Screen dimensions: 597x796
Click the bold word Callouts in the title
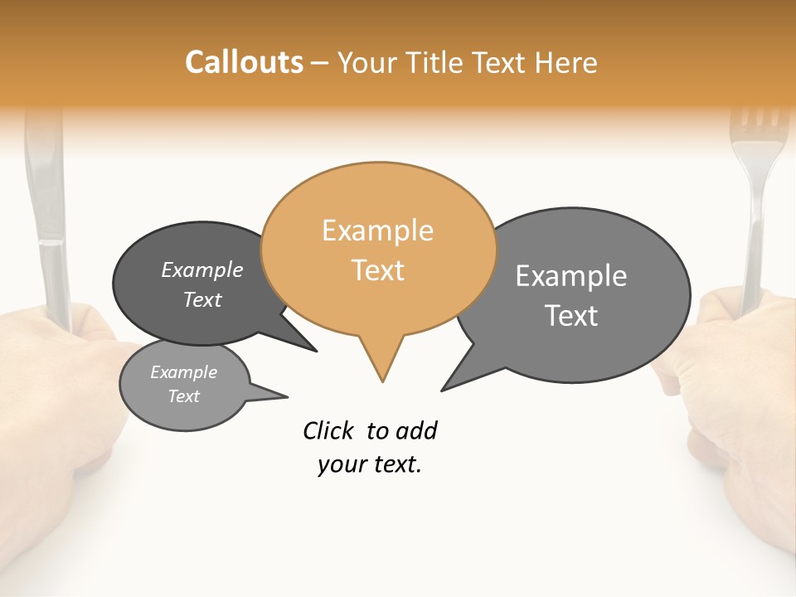[x=244, y=62]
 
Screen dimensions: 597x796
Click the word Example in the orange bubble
[x=377, y=231]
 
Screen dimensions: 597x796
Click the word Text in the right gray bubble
[x=571, y=316]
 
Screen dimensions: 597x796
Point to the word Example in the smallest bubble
[x=183, y=372]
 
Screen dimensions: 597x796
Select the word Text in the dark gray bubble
[x=201, y=300]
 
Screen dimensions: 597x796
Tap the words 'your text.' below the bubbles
[x=369, y=464]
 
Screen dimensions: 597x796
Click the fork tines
[x=757, y=124]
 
